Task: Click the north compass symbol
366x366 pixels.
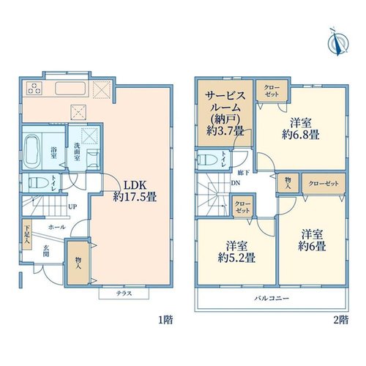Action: [338, 42]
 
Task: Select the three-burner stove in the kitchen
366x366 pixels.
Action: [34, 88]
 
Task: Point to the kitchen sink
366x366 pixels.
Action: [70, 89]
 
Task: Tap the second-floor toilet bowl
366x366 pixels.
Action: [208, 160]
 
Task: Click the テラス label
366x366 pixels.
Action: [124, 294]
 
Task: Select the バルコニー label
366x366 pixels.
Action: [272, 298]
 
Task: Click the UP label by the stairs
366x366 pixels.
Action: [72, 207]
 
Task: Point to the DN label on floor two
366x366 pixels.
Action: [236, 183]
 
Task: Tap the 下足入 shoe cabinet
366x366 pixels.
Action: [27, 234]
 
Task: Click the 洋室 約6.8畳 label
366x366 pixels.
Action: [301, 129]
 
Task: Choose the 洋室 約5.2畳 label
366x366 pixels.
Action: [236, 252]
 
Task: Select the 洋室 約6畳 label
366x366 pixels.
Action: [312, 240]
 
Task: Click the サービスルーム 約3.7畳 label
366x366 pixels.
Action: [225, 113]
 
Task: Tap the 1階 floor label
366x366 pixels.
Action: [165, 320]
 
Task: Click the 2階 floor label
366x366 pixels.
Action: [341, 320]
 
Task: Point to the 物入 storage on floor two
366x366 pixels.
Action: [288, 183]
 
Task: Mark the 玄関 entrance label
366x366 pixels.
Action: [45, 251]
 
